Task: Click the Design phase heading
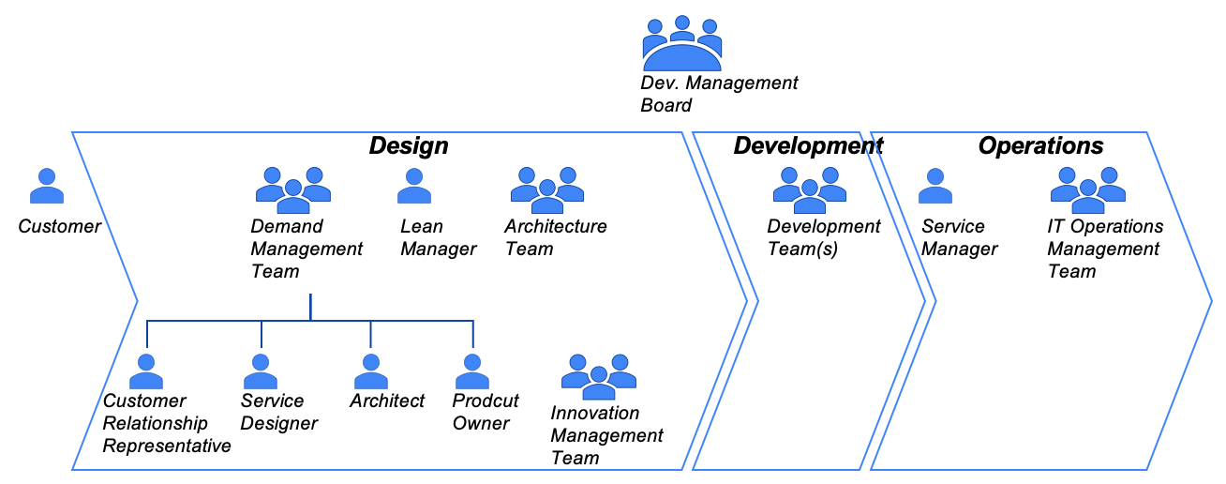pyautogui.click(x=409, y=146)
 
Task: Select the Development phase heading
pyautogui.click(x=808, y=146)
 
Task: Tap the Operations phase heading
pyautogui.click(x=1040, y=146)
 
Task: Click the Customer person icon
pyautogui.click(x=47, y=187)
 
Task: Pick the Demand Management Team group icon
pyautogui.click(x=293, y=187)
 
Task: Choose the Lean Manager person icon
pyautogui.click(x=414, y=187)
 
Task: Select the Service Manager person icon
pyautogui.click(x=935, y=187)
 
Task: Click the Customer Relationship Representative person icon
pyautogui.click(x=146, y=372)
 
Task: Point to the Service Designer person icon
pyautogui.click(x=261, y=372)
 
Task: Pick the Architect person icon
pyautogui.click(x=371, y=372)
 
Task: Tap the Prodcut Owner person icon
pyautogui.click(x=472, y=372)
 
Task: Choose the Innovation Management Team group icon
pyautogui.click(x=599, y=373)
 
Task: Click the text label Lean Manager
pyautogui.click(x=438, y=238)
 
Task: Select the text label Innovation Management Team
pyautogui.click(x=606, y=435)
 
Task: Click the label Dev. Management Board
pyautogui.click(x=719, y=94)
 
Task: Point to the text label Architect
pyautogui.click(x=387, y=401)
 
